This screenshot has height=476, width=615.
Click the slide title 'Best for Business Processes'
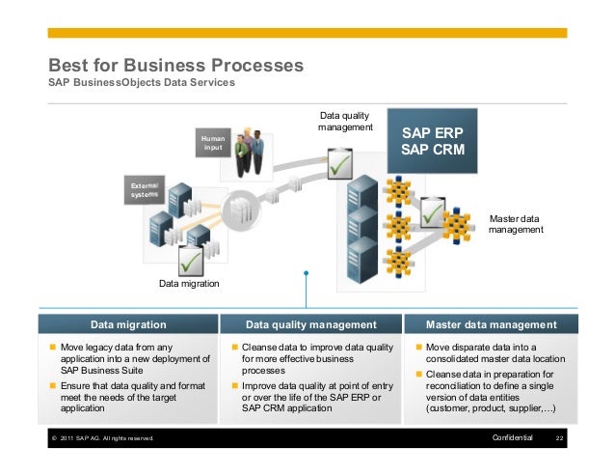[169, 66]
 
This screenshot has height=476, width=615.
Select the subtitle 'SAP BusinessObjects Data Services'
[141, 84]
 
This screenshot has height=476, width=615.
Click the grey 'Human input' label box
[213, 144]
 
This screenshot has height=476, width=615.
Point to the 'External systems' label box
[146, 189]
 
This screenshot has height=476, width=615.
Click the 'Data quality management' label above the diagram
[345, 122]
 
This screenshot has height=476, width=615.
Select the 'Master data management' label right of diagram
[518, 224]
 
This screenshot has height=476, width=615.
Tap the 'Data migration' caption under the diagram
[189, 284]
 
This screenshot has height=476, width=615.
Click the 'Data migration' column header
[128, 324]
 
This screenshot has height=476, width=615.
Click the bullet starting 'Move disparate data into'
[495, 353]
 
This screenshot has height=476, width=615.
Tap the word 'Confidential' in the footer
[511, 440]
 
